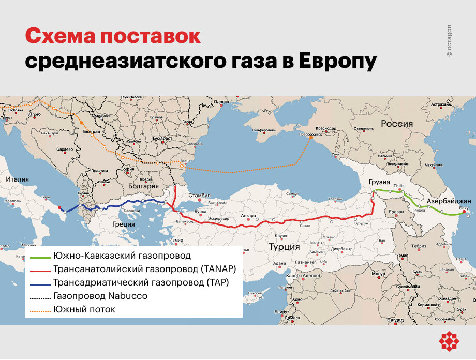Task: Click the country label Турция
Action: (x=284, y=247)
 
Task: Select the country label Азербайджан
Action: (x=449, y=201)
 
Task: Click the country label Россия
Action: (x=397, y=124)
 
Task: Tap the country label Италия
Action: (x=17, y=179)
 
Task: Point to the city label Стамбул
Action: (x=200, y=196)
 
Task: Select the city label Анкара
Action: (x=248, y=216)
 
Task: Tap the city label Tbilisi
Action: (x=399, y=186)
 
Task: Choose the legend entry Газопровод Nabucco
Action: (x=100, y=296)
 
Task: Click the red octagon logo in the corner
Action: (x=449, y=341)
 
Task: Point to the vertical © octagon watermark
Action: (x=449, y=40)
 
